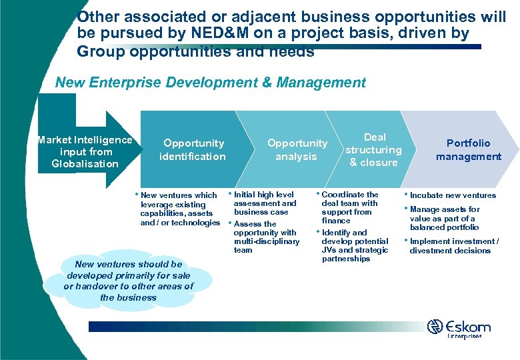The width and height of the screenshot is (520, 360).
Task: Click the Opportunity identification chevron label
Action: pos(193,149)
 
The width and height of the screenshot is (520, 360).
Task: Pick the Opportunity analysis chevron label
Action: pos(297,149)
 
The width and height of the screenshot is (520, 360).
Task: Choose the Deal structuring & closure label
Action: pos(373,149)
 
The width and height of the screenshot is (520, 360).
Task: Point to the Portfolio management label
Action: pos(468,149)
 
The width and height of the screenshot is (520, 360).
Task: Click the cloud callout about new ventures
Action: pos(128,281)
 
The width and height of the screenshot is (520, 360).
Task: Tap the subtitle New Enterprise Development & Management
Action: pos(210,83)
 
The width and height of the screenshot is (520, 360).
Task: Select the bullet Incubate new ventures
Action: pos(453,195)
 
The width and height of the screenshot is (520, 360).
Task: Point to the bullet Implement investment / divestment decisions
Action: pos(453,246)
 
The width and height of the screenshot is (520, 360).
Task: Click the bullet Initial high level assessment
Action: pos(265,203)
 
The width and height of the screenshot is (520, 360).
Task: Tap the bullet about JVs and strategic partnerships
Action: pos(354,245)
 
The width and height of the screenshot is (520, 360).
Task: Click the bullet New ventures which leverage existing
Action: pos(179,209)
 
